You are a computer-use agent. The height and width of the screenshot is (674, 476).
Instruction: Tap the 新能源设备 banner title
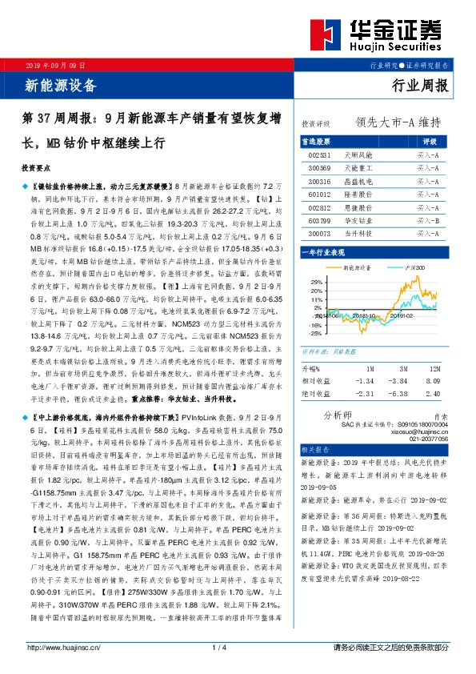pyautogui.click(x=62, y=84)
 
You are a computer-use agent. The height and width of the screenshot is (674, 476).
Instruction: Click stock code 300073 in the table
pyautogui.click(x=319, y=233)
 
